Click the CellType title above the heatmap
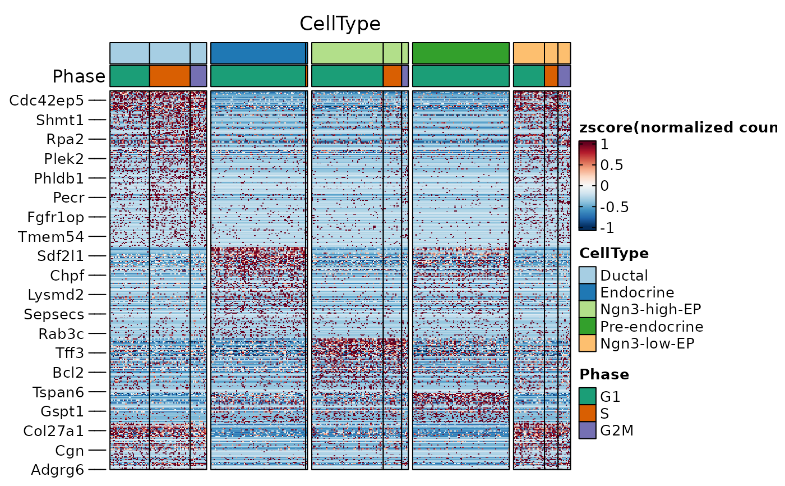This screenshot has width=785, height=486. point(340,24)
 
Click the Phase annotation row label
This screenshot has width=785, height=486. point(79,76)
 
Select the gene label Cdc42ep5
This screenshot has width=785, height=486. point(47,100)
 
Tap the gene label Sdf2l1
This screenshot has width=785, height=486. point(61,256)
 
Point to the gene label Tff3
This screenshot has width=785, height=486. point(70,353)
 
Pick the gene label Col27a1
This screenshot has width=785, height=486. point(54,431)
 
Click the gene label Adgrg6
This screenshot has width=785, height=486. point(58,470)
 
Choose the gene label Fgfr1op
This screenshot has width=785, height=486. point(56,217)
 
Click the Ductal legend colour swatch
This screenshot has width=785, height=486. point(588,275)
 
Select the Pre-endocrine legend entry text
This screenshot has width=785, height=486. point(652,327)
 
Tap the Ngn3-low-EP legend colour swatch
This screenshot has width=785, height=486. point(588,343)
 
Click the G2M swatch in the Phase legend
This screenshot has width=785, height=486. point(588,430)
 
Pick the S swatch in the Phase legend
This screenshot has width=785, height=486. point(588,414)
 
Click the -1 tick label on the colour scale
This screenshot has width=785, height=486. point(607,228)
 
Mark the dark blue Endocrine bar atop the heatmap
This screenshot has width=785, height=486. point(259,53)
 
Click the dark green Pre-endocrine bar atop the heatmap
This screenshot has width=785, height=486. point(461,53)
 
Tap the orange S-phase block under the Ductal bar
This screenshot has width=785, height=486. point(170,76)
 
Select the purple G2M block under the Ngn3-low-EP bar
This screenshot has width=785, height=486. point(564,76)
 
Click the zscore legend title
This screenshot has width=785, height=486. point(678,127)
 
